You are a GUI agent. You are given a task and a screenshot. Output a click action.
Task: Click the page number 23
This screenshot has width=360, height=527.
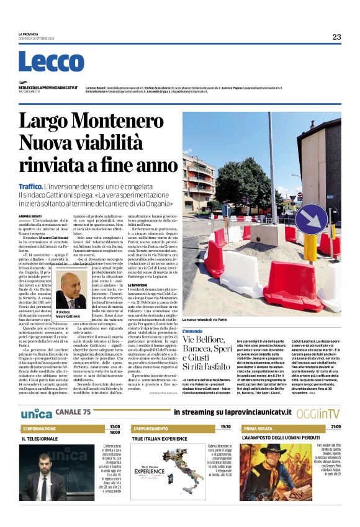coord(336,37)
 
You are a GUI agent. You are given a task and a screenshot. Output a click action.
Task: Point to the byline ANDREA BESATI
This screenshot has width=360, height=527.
coord(29,216)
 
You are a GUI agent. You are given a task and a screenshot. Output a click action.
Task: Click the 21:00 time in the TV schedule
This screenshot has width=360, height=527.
coord(335,427)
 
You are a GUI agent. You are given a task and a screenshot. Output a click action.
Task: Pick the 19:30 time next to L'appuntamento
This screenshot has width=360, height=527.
coord(225,427)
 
